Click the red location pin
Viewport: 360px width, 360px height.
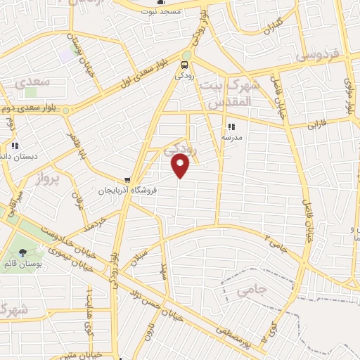pyautogui.click(x=181, y=165)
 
